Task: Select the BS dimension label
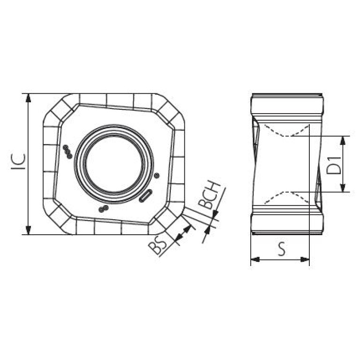pos(157,246)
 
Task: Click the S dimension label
pos(282,249)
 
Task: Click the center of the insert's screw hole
pos(114,164)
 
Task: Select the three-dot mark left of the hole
pos(68,152)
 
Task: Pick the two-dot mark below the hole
pos(103,209)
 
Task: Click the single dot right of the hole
pos(157,176)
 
